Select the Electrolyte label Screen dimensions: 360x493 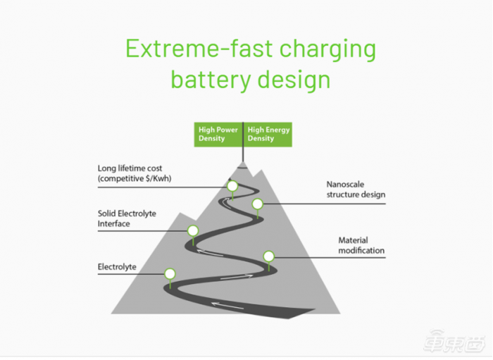[x=117, y=267]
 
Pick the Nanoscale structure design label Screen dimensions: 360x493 [x=356, y=190]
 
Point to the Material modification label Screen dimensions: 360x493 [x=361, y=245]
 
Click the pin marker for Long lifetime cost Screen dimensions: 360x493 [x=232, y=186]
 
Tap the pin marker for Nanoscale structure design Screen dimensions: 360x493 [x=258, y=204]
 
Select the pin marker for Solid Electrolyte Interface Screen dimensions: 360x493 [x=192, y=230]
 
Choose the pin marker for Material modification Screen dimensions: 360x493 [x=268, y=256]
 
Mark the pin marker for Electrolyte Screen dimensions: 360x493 [x=170, y=274]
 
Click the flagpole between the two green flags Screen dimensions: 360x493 [x=243, y=144]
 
